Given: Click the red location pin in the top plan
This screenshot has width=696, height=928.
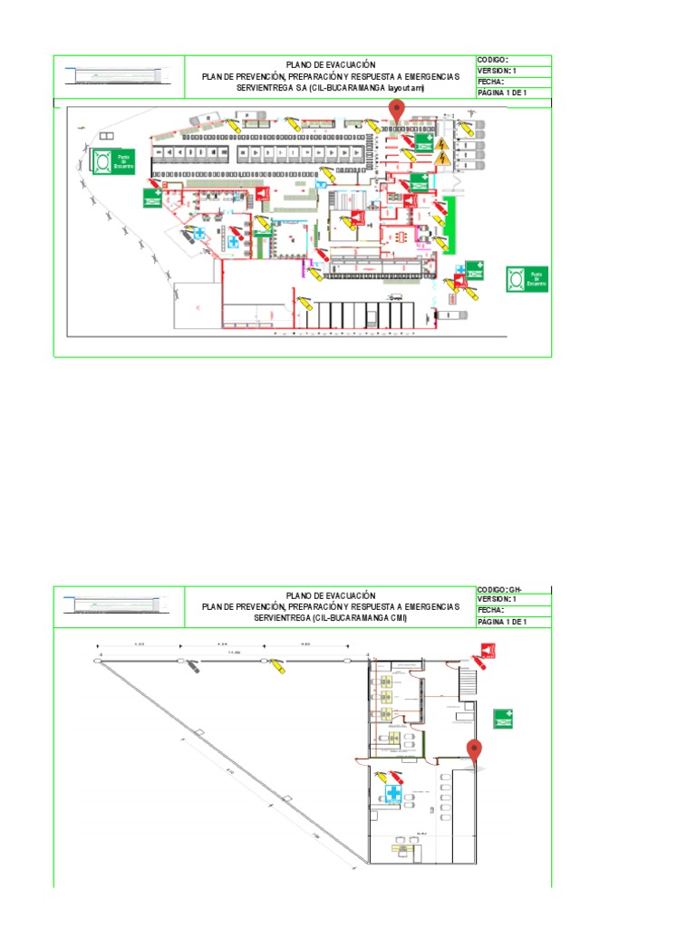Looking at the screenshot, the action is [x=396, y=111].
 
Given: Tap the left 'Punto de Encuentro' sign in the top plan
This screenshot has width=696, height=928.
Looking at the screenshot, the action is [x=112, y=164].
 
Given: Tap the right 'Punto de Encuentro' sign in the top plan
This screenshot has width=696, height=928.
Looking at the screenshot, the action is [x=527, y=278].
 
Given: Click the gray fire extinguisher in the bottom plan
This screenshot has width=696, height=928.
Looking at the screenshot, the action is [x=194, y=668].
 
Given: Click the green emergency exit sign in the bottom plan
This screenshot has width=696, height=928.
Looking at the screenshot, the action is [x=504, y=719].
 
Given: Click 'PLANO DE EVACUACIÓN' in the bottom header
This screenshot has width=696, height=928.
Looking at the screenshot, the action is [x=330, y=594].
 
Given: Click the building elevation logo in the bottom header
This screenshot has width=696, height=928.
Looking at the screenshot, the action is [x=119, y=604].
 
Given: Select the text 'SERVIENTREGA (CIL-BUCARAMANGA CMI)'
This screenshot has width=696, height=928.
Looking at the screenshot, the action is [x=330, y=618].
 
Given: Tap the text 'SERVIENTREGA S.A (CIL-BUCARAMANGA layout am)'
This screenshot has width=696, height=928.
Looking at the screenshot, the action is [x=330, y=88].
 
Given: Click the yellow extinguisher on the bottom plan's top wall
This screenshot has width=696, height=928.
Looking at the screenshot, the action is [x=281, y=667].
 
